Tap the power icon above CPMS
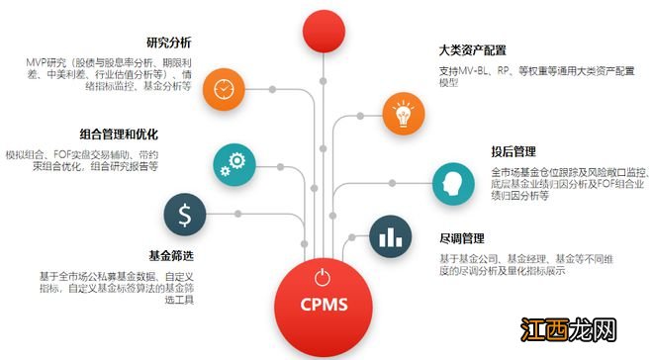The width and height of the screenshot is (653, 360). (322, 277)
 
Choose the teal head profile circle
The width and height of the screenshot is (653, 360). (453, 182)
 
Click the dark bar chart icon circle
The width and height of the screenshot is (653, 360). (390, 235)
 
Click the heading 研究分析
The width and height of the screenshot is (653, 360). (168, 44)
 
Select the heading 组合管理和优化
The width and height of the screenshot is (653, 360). (118, 135)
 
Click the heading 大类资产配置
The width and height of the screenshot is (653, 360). (472, 49)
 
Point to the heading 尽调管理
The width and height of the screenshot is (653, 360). (462, 238)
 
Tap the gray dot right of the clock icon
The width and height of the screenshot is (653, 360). (272, 90)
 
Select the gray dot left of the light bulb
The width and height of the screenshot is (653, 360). (358, 116)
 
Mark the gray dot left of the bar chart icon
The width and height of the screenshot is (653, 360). (349, 235)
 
